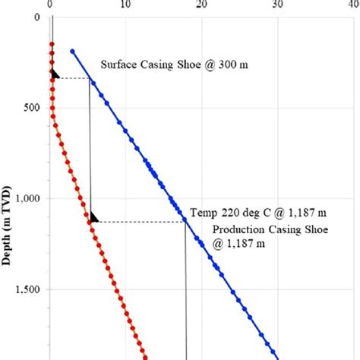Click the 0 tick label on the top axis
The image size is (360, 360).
tap(49, 3)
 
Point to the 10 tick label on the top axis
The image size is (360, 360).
tap(125, 3)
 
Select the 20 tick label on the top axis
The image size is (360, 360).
tap(201, 3)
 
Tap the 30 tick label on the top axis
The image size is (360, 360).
tap(277, 3)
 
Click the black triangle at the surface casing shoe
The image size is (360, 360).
tap(55, 74)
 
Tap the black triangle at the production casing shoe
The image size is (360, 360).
tap(93, 218)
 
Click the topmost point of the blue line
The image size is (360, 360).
tap(72, 52)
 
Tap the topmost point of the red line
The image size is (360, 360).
tap(52, 44)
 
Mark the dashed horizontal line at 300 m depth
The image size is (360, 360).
tap(74, 78)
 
